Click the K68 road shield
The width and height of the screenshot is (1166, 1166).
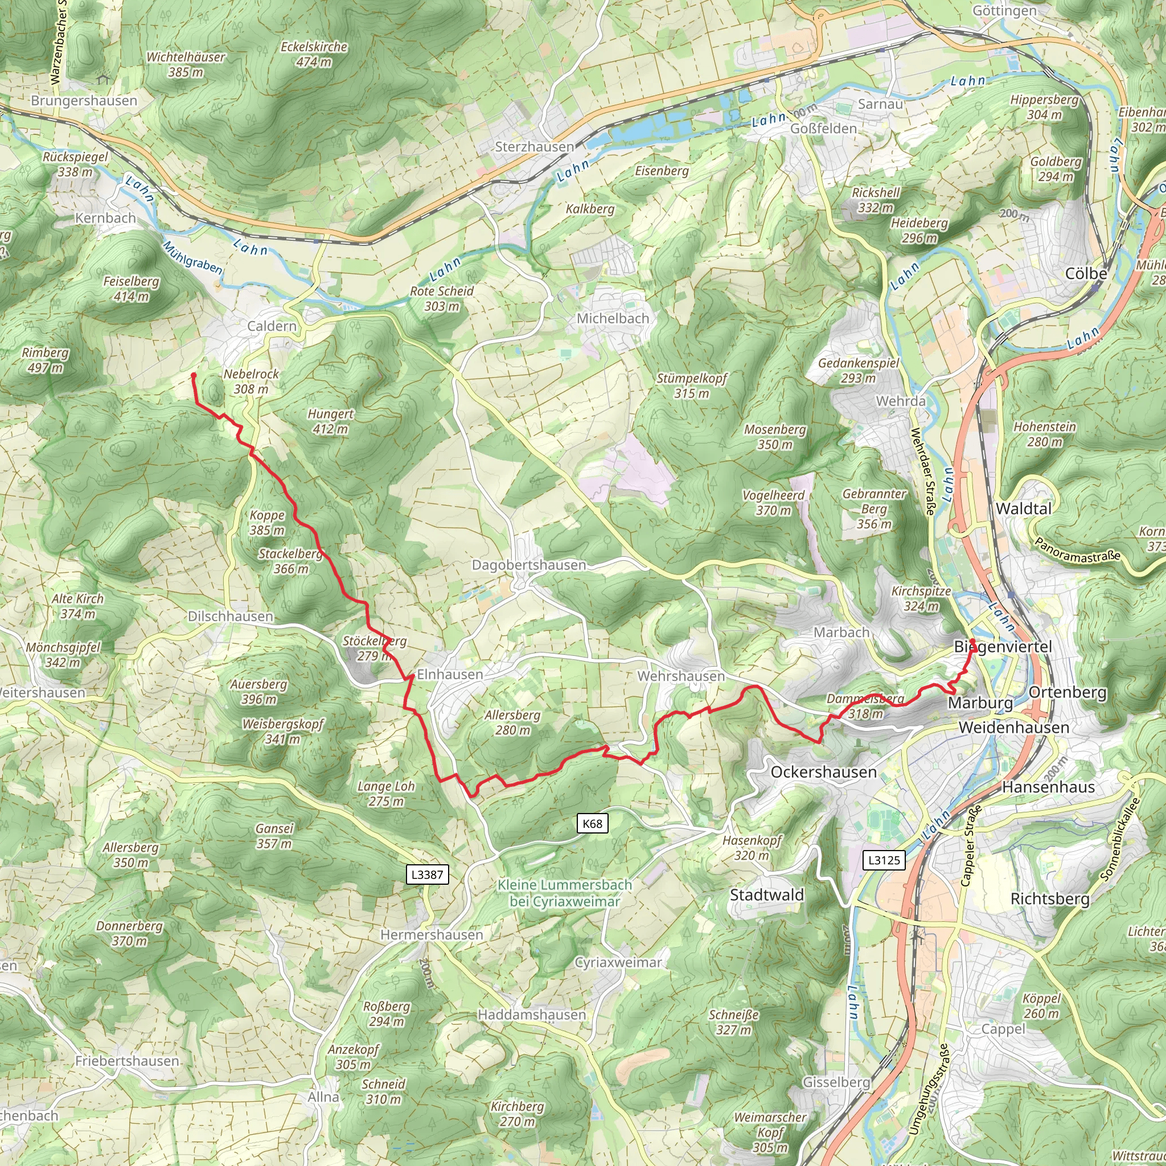tap(592, 823)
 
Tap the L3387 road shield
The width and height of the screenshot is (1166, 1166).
tap(428, 874)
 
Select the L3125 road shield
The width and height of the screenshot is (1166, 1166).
tap(884, 860)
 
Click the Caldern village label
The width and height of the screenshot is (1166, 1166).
tap(272, 326)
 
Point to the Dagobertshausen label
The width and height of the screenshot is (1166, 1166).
tap(529, 565)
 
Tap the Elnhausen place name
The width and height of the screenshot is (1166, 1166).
tap(450, 674)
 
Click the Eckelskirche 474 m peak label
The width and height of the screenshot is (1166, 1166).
tap(314, 54)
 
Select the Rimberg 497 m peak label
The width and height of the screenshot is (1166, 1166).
tap(46, 360)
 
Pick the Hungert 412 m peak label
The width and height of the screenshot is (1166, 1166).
tap(330, 421)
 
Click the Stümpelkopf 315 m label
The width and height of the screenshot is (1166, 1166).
tap(692, 385)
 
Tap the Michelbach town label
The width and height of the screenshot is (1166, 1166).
tap(613, 318)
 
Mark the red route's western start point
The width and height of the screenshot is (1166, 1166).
tap(194, 375)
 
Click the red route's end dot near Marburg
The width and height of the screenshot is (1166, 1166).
tap(972, 642)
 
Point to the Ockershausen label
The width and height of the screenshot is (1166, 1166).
tap(823, 772)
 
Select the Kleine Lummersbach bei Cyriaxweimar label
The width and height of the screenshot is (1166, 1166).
tap(564, 893)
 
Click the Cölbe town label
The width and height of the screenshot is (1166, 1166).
tap(1086, 273)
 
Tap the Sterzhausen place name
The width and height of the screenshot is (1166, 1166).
tap(535, 147)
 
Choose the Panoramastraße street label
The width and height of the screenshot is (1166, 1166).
tap(1077, 549)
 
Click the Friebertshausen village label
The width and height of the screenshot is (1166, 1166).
tap(128, 1060)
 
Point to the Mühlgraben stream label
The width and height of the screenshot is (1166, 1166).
tap(192, 258)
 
